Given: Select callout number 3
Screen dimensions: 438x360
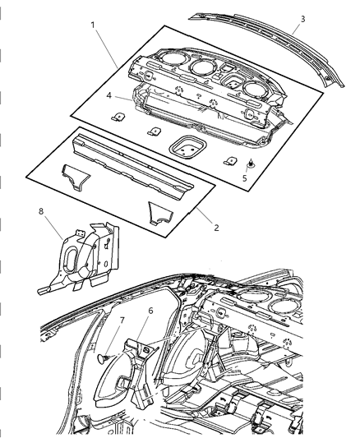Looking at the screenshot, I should coord(302,18).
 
